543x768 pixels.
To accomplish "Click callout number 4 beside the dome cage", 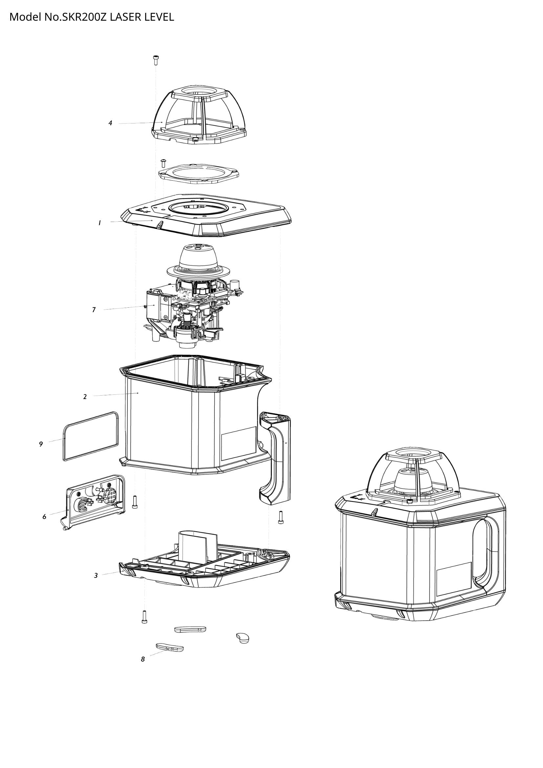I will click(110, 123).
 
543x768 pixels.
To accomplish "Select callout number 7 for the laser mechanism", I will click(94, 310).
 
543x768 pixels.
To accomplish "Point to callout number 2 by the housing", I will click(85, 397).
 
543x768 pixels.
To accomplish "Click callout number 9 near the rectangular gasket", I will click(41, 444).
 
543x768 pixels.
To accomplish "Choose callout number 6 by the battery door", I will click(44, 517).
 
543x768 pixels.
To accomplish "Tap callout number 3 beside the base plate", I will click(96, 576).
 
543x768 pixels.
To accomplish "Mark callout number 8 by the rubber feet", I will click(143, 659).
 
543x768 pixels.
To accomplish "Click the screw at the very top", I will click(156, 60).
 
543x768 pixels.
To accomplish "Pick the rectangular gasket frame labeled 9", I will click(91, 436).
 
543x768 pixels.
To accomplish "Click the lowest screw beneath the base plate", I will click(144, 617).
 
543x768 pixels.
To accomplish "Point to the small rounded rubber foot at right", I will click(243, 638).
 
